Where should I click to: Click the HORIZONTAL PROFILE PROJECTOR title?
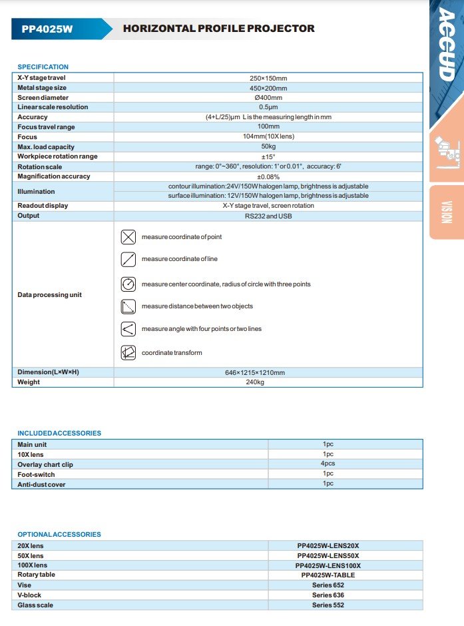218,29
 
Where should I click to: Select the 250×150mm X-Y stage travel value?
268,78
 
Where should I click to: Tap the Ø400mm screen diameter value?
268,97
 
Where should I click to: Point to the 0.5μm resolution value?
268,107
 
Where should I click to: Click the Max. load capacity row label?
46,147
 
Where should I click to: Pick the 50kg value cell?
268,147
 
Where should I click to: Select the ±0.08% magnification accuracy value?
268,176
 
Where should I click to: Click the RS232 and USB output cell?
268,216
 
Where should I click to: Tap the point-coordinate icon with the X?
128,237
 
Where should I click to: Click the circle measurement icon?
128,284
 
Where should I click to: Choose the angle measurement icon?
128,329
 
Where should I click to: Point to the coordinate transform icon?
128,352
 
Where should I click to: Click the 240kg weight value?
268,382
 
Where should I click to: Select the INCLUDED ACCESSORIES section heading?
59,434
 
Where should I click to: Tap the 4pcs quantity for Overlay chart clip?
328,464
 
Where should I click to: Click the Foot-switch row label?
36,474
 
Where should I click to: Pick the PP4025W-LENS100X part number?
328,565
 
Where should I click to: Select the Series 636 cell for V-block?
328,595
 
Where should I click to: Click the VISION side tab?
447,212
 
